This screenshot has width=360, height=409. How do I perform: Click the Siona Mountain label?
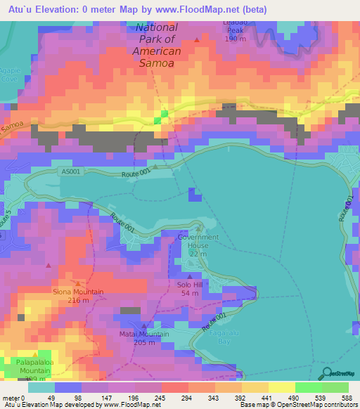(x=78, y=292)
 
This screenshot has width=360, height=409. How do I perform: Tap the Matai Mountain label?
(x=144, y=334)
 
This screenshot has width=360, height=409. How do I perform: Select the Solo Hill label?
(x=189, y=284)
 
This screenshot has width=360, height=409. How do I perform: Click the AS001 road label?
(x=71, y=171)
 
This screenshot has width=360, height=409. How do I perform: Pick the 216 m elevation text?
(x=78, y=301)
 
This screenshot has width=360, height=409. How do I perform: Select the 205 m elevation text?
(x=144, y=342)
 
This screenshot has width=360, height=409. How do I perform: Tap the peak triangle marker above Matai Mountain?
(x=144, y=325)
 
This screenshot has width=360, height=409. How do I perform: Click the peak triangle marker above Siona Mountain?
(x=77, y=283)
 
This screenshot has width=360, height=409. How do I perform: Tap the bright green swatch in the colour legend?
(x=307, y=387)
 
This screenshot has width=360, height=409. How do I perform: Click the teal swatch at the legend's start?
(x=41, y=387)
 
